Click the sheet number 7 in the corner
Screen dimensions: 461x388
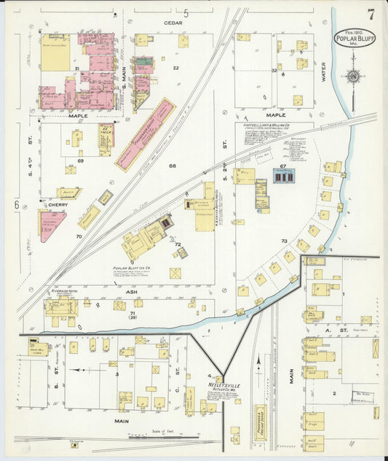point(371,14)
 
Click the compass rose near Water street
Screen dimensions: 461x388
point(353,76)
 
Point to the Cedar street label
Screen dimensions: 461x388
point(173,23)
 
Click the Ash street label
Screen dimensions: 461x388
point(132,291)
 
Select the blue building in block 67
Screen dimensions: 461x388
point(282,176)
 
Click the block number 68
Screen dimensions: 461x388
point(173,166)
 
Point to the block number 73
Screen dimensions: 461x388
point(284,240)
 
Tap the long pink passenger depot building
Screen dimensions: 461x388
point(146,135)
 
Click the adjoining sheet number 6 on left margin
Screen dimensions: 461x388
point(15,205)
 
